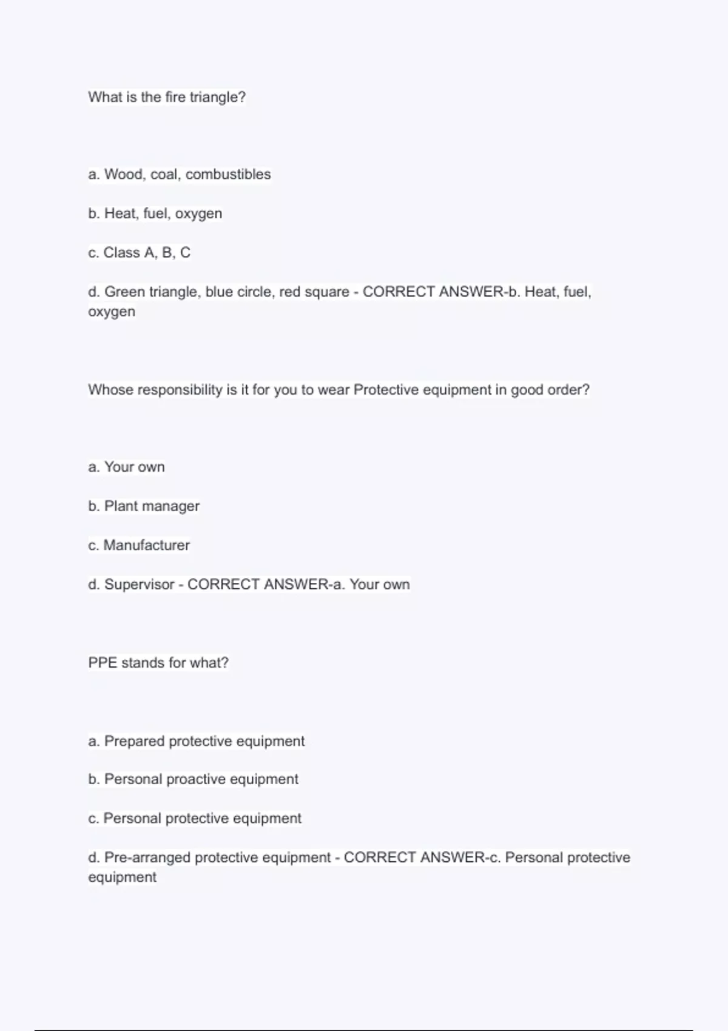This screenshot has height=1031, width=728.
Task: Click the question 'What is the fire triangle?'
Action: click(x=167, y=97)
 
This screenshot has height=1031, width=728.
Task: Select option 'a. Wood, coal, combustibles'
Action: click(x=180, y=175)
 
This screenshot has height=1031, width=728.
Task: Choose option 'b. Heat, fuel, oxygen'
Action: click(x=155, y=213)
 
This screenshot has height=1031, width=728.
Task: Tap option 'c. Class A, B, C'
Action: click(x=140, y=253)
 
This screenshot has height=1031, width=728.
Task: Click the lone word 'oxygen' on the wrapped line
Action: click(x=112, y=312)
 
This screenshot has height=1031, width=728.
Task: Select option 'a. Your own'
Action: click(x=126, y=467)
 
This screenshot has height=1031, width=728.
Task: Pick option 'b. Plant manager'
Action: click(x=144, y=506)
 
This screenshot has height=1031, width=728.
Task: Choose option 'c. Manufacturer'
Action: click(x=139, y=545)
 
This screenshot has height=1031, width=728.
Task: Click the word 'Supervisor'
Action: click(x=139, y=585)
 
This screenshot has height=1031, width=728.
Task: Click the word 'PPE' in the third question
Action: click(x=103, y=663)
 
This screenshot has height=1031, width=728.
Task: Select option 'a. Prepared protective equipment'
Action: click(x=197, y=741)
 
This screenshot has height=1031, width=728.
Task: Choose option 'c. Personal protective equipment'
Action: click(x=195, y=819)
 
